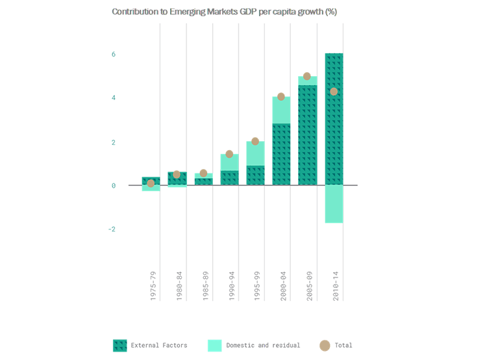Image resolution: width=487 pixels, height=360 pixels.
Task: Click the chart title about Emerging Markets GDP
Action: point(224,12)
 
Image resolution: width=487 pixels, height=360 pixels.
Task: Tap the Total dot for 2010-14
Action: point(333,92)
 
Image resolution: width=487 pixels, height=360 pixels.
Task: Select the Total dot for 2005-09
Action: point(307,76)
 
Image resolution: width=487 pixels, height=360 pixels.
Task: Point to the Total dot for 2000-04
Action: point(281,97)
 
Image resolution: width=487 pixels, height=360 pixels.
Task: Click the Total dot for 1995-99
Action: point(255,141)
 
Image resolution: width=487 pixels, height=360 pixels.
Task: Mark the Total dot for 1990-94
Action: point(229,154)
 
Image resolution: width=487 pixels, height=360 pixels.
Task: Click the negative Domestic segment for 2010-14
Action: point(333,204)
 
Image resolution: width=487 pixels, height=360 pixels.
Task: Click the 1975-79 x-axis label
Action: point(153,285)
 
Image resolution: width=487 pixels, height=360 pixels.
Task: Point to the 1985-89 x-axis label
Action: point(205,285)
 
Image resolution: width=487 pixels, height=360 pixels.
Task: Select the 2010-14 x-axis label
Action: point(334,285)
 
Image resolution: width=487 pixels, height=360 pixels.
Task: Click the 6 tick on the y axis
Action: point(113,55)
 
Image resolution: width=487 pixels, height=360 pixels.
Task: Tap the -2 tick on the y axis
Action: point(112,229)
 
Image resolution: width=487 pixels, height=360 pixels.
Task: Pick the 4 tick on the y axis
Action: point(113,98)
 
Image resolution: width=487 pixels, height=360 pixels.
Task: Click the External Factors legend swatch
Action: point(119,345)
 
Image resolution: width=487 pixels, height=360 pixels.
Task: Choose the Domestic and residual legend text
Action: point(263,345)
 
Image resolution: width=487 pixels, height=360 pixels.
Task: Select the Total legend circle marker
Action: point(325,345)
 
